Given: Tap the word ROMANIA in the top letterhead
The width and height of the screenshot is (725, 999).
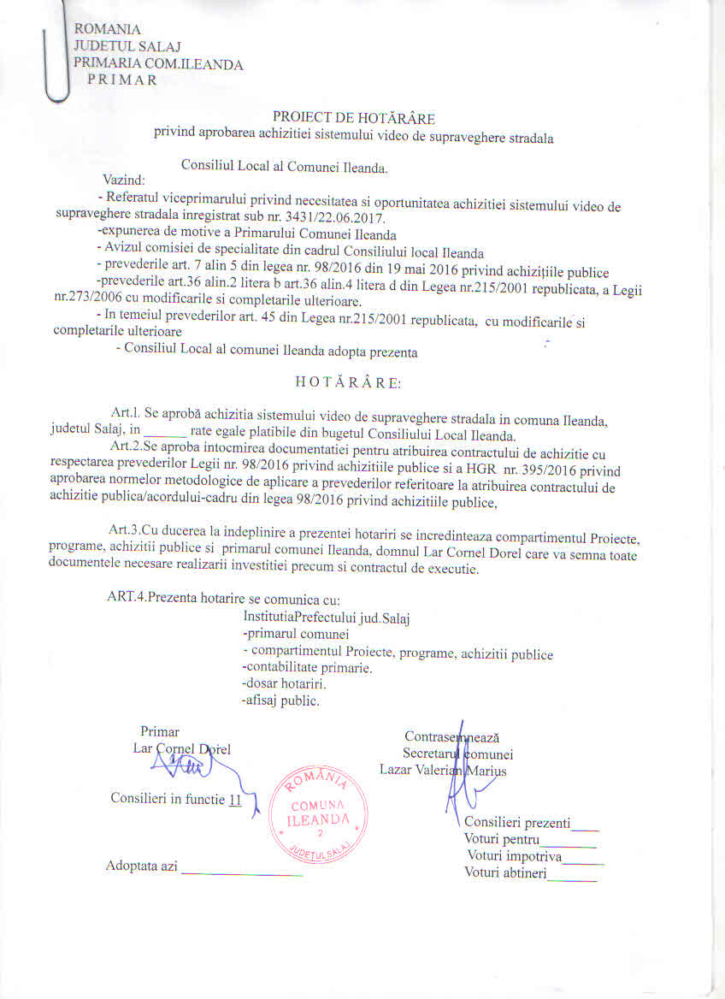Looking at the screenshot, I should click(x=108, y=30).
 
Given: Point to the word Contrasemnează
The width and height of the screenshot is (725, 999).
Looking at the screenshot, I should click(x=451, y=736).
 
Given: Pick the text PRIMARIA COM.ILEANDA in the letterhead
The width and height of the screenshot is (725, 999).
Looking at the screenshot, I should click(x=159, y=64).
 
